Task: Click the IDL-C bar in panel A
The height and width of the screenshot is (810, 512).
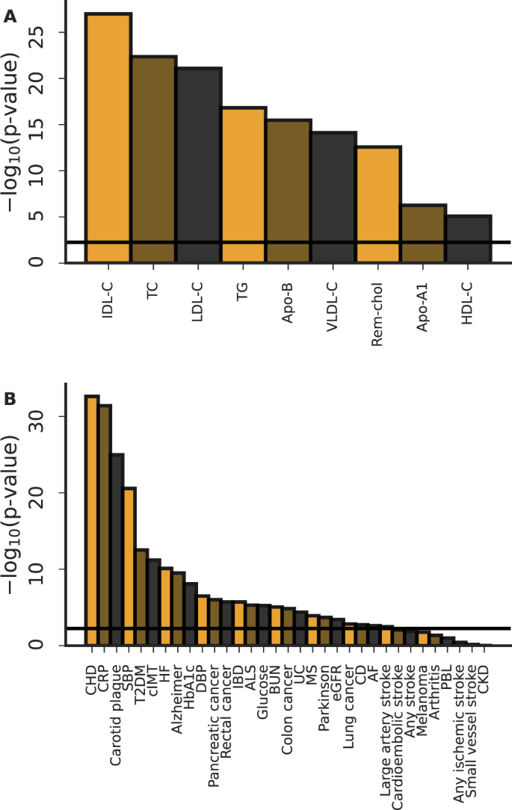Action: pos(109,138)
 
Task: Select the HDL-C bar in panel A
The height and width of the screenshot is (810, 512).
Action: pos(469,239)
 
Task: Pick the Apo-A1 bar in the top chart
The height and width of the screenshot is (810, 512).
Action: pos(424,234)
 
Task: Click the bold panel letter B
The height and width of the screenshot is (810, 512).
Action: pos(10,399)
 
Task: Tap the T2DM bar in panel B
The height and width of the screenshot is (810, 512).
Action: pos(142,597)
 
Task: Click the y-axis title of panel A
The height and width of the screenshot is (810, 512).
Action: pos(16,138)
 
